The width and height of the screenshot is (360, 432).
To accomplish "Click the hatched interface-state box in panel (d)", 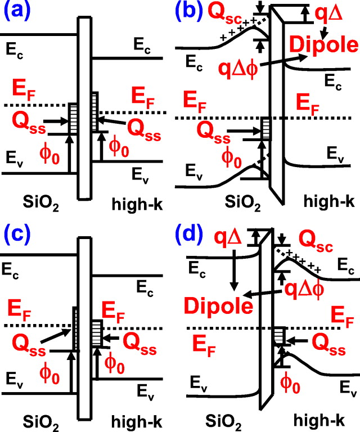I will click(277, 337).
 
